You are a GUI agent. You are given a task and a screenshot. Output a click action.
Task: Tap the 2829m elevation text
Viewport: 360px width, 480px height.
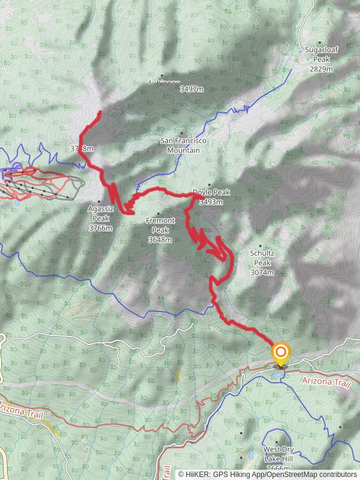(x=321, y=69)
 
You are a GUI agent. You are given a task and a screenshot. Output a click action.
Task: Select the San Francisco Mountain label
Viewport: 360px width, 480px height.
(x=183, y=145)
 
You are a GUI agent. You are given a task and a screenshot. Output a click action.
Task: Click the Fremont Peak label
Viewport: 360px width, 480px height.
(x=160, y=225)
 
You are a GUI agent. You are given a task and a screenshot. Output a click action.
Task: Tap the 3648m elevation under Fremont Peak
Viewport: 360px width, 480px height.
(x=160, y=240)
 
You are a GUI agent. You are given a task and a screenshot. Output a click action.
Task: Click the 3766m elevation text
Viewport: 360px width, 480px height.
(x=100, y=228)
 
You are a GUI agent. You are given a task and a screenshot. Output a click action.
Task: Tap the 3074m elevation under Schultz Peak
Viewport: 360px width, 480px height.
(x=262, y=272)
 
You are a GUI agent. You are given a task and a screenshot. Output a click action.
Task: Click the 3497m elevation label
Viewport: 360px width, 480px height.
(x=191, y=89)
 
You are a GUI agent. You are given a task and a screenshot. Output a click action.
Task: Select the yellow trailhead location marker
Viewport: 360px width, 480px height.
(x=280, y=352)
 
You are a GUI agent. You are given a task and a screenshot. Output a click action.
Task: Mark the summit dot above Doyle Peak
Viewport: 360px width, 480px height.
(x=209, y=185)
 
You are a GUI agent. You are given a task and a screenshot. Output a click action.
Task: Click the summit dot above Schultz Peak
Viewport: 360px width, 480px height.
(x=260, y=245)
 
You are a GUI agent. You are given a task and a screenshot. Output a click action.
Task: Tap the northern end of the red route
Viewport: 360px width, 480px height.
(x=99, y=112)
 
